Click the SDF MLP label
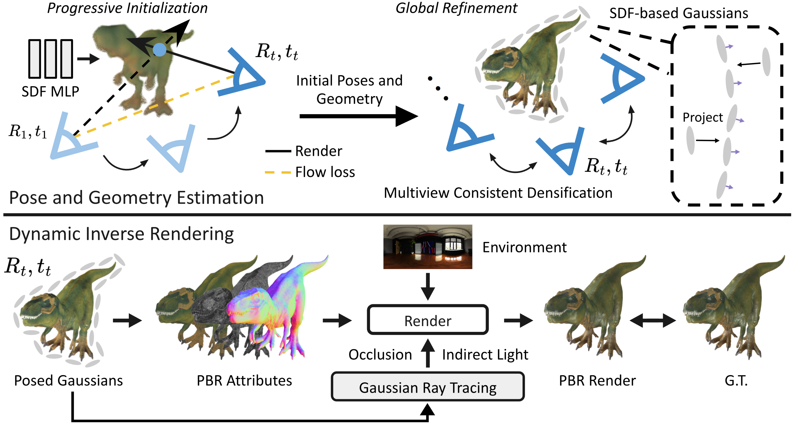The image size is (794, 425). pos(50,91)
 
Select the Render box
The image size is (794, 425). pos(427,320)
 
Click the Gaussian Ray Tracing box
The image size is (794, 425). pos(427,387)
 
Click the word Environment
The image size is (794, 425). pos(524,247)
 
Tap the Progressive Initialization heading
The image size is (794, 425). pos(127,8)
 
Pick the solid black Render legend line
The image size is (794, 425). pos(278,151)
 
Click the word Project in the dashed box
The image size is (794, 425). pos(703,118)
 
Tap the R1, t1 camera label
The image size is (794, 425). pos(28,131)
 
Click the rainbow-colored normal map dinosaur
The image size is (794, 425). pos(277,308)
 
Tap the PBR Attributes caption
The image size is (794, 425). pos(244,381)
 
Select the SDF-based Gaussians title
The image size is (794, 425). pos(679,13)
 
